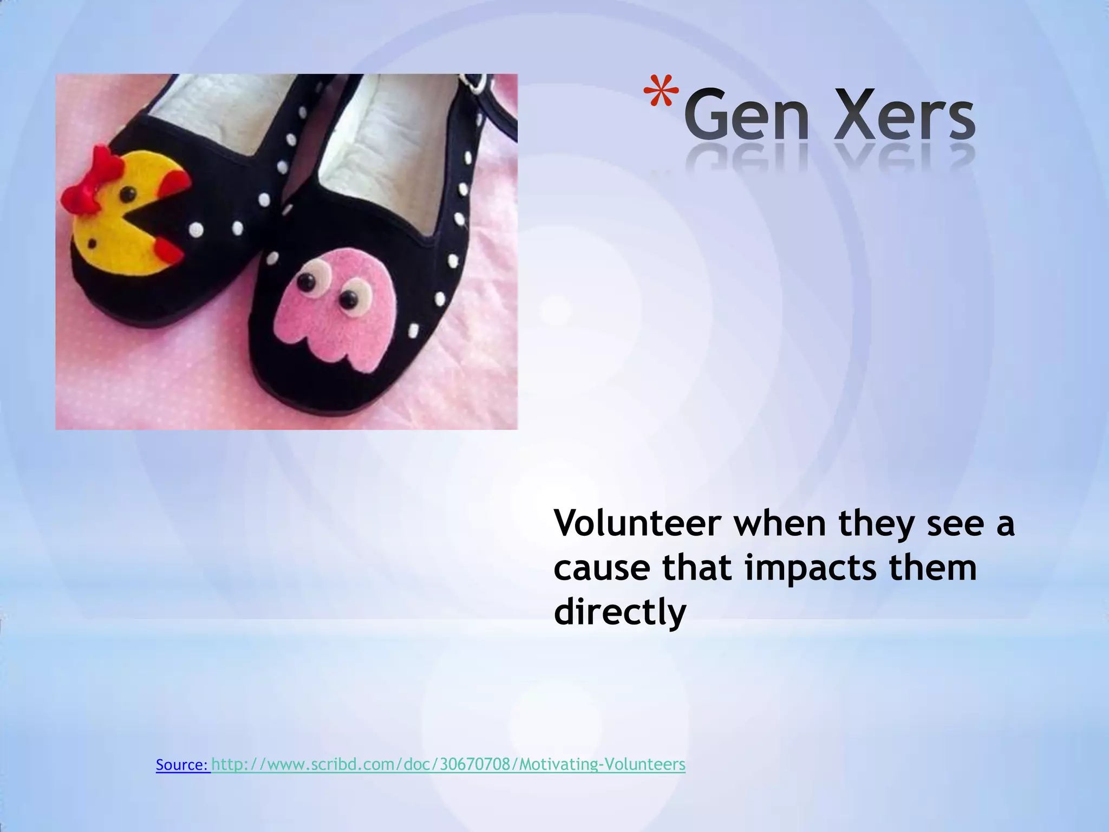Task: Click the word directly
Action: click(x=620, y=613)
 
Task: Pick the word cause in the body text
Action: click(x=602, y=569)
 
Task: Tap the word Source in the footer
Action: click(x=182, y=764)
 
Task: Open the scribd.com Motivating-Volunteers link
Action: click(x=448, y=764)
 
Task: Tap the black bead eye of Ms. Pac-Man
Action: click(x=128, y=193)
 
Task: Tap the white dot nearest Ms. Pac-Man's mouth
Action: click(x=196, y=231)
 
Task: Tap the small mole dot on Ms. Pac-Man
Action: click(x=93, y=243)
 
